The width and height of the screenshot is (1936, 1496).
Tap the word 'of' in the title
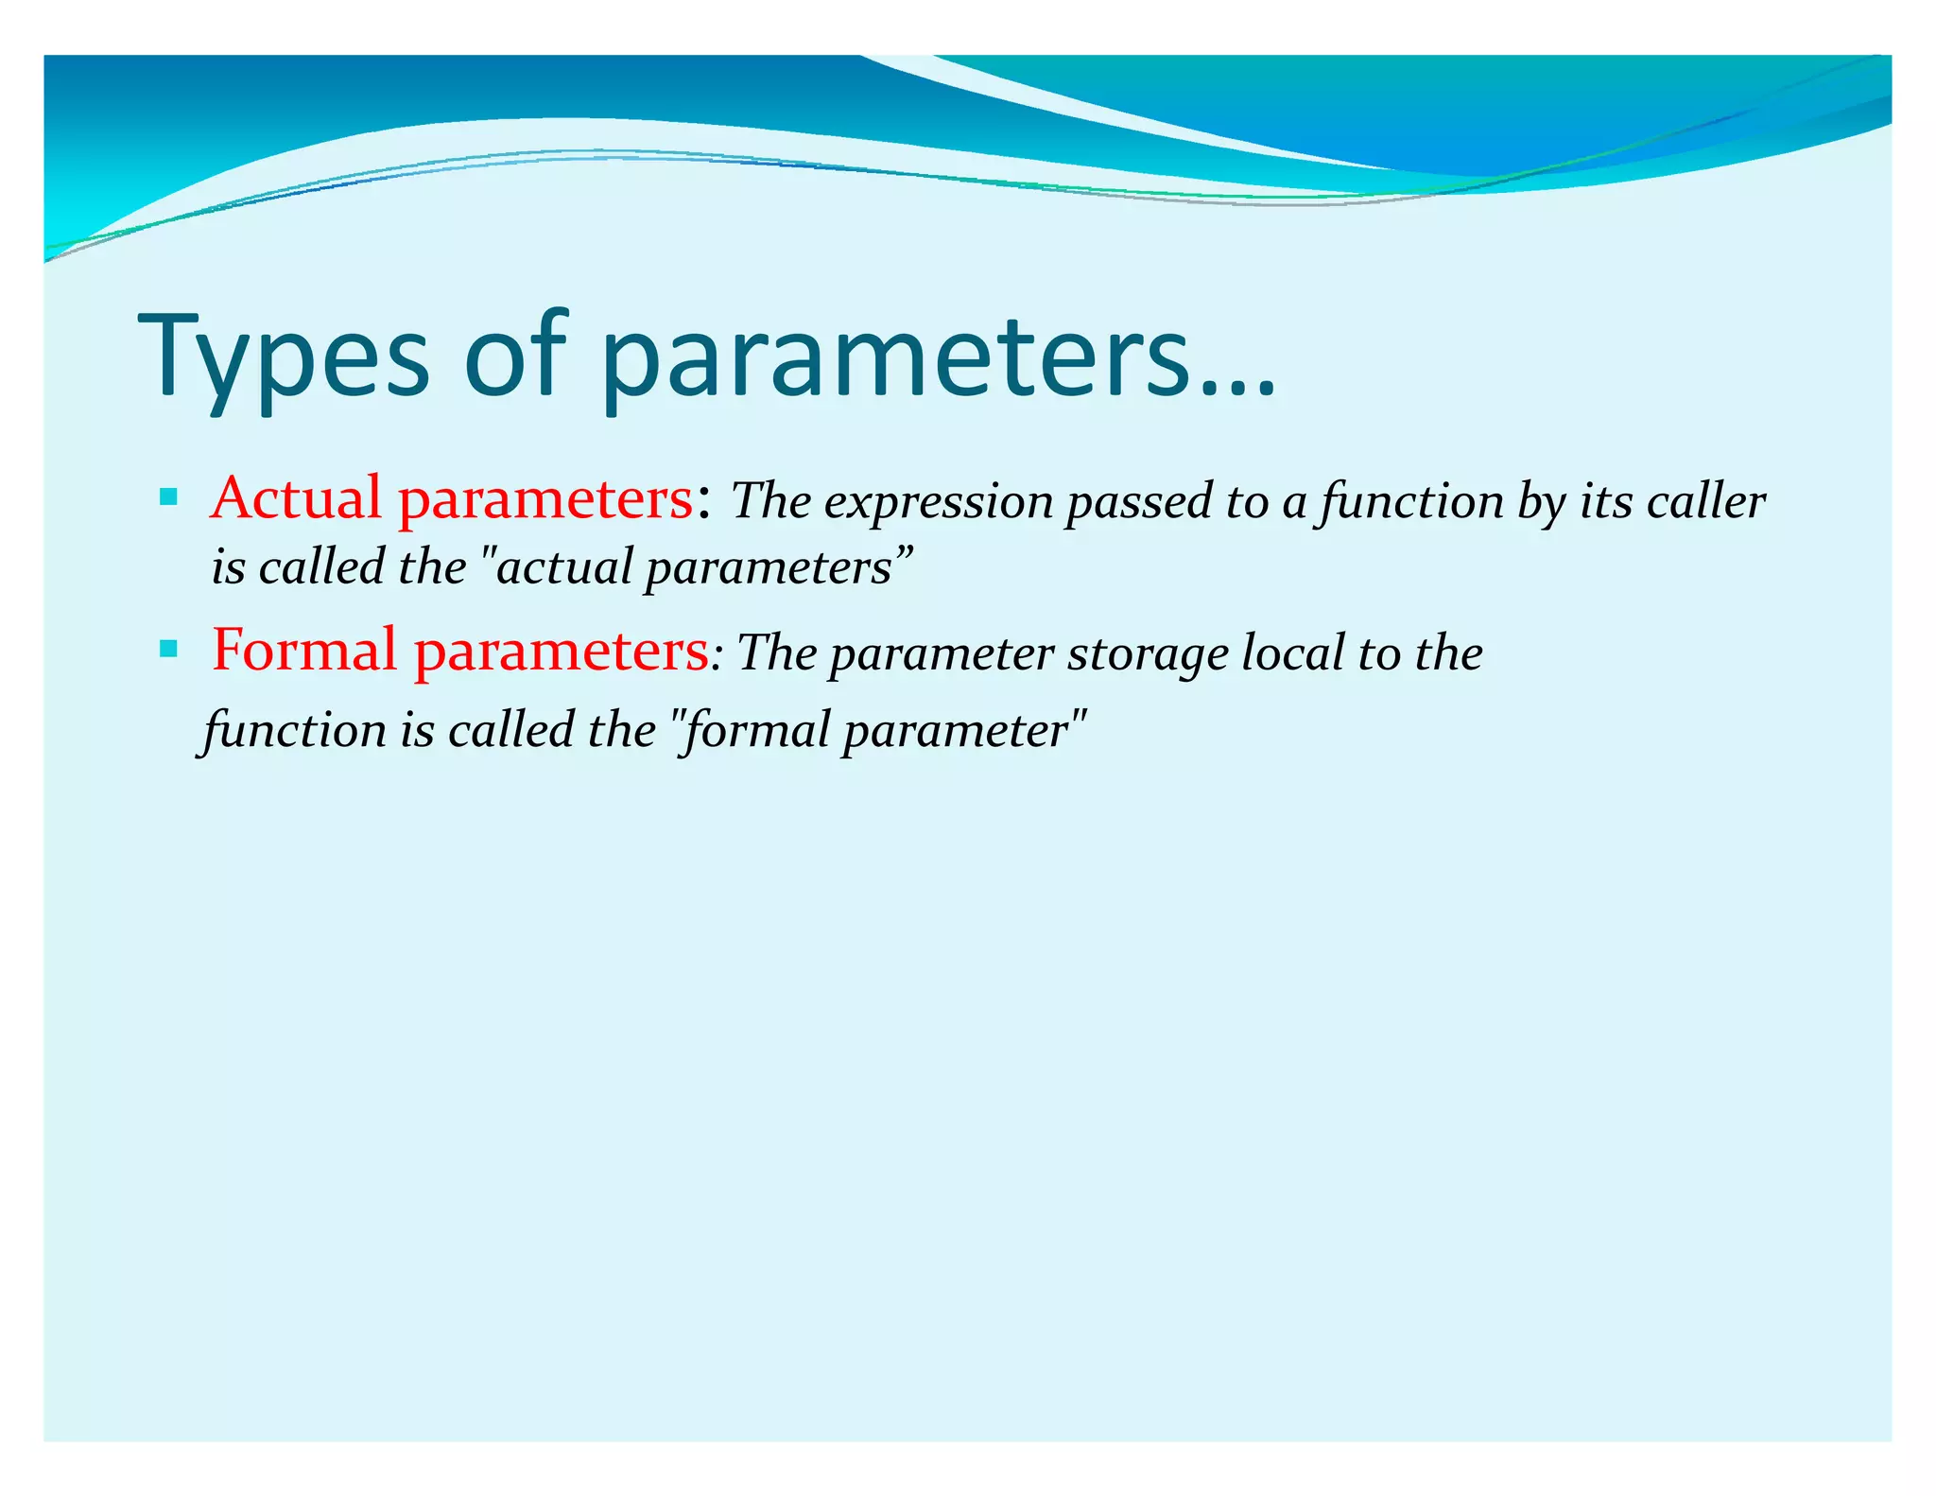pos(515,355)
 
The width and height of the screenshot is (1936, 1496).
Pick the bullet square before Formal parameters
pos(169,648)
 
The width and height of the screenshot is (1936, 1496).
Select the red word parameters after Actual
pos(545,499)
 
